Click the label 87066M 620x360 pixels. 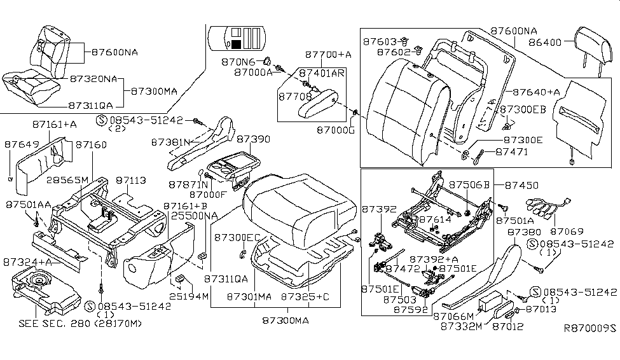point(453,315)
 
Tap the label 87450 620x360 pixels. point(521,185)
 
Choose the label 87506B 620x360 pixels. point(469,184)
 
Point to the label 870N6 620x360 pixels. point(238,62)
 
